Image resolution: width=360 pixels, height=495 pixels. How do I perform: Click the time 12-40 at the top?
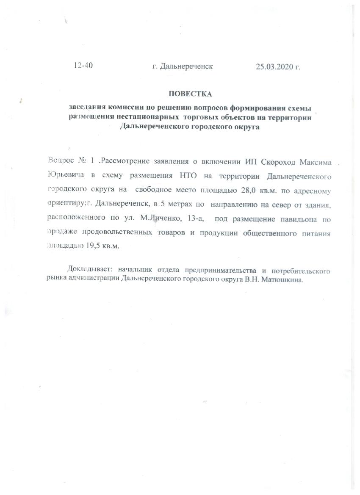click(x=83, y=66)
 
